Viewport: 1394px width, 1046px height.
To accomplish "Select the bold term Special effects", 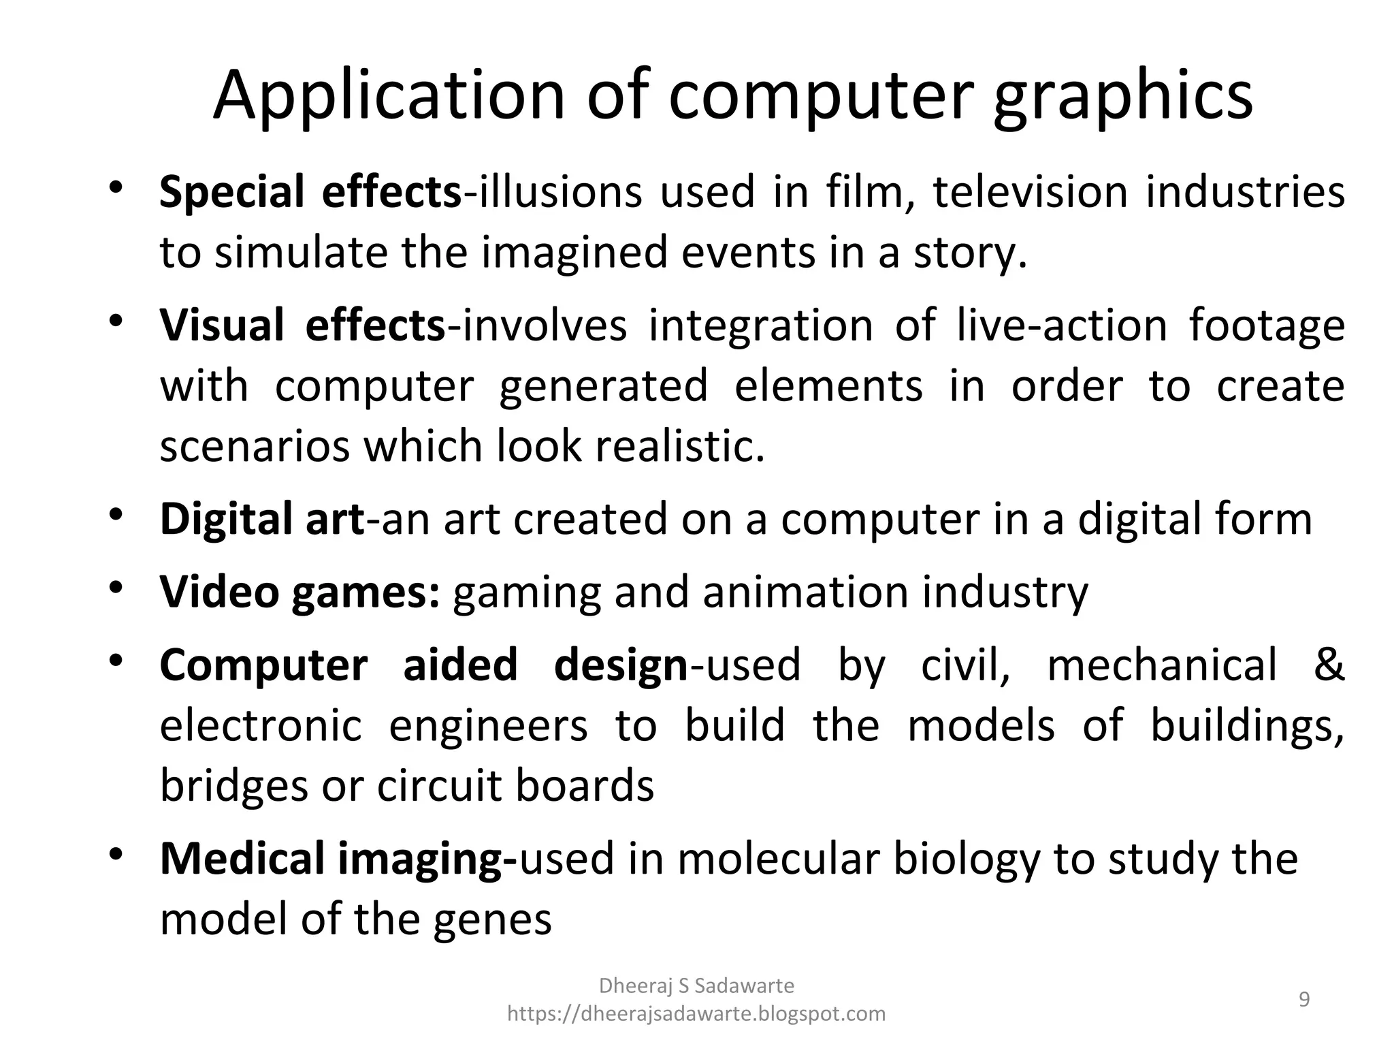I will click(x=310, y=192).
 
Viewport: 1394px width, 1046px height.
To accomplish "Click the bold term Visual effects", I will click(x=302, y=326).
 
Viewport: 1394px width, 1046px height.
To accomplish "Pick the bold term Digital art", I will click(x=262, y=519).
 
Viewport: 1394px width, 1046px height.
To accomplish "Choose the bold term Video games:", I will click(x=299, y=592).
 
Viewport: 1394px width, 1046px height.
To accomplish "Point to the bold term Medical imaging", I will click(x=338, y=859).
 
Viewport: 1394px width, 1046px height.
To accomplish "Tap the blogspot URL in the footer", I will click(x=696, y=1014).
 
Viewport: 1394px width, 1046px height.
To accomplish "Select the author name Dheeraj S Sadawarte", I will click(x=696, y=985).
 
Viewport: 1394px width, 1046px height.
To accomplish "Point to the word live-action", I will click(x=1062, y=326).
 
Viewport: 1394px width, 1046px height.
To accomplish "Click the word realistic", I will click(x=680, y=447).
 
